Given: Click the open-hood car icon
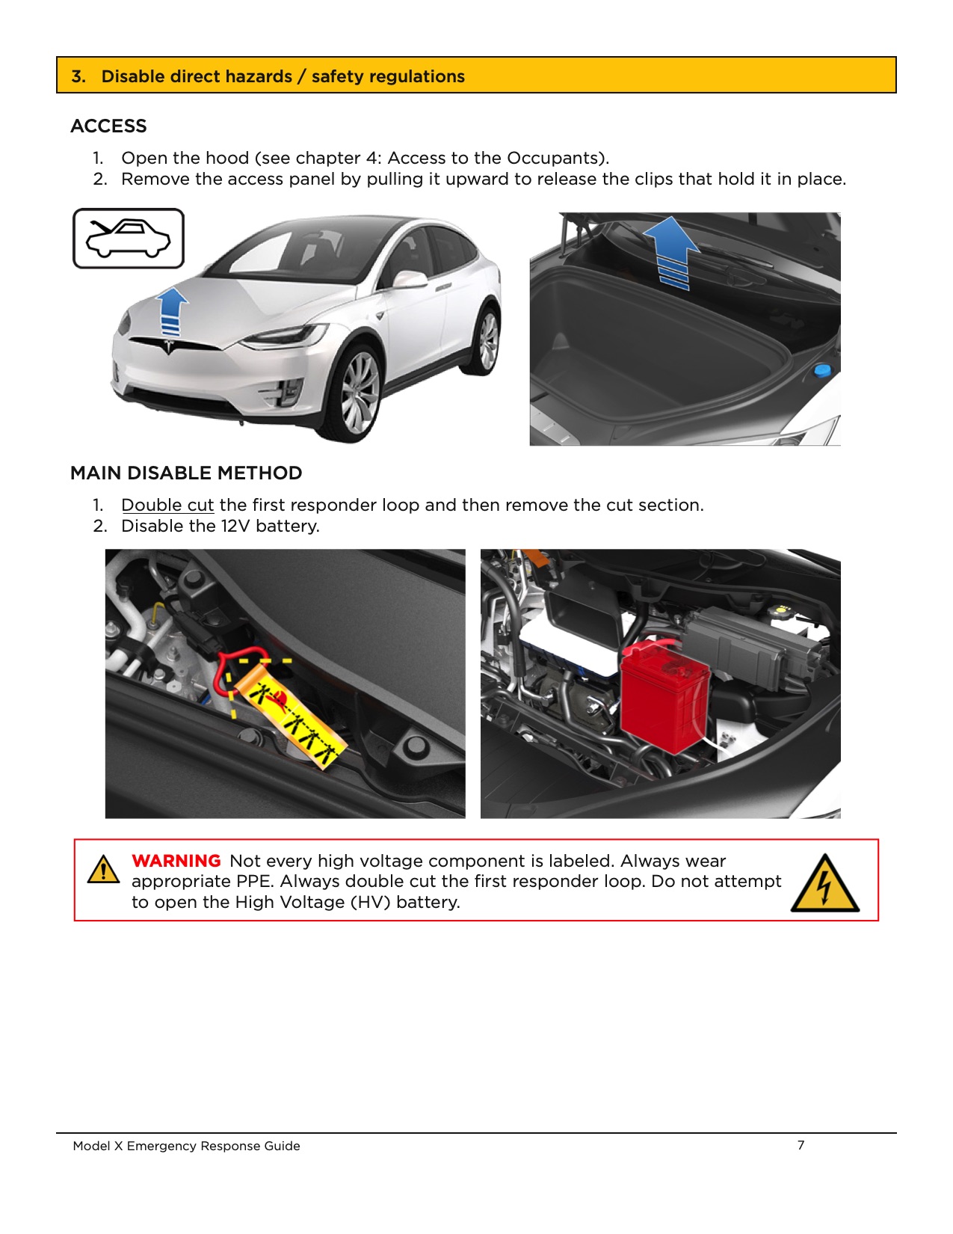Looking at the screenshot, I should pyautogui.click(x=128, y=238).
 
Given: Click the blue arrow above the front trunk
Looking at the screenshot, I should pyautogui.click(x=672, y=251).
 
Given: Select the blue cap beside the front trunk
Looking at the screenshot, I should pyautogui.click(x=822, y=369).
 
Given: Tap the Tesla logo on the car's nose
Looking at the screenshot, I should pyautogui.click(x=169, y=347).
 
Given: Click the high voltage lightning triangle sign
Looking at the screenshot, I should pyautogui.click(x=824, y=884).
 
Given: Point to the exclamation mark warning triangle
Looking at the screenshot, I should pyautogui.click(x=103, y=870).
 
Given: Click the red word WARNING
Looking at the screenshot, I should pyautogui.click(x=176, y=861).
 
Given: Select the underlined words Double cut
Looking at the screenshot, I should pyautogui.click(x=167, y=505).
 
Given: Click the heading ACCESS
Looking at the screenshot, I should pyautogui.click(x=108, y=126).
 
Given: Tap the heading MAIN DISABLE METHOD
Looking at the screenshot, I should pyautogui.click(x=186, y=473).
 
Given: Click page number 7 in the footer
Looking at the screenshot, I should pyautogui.click(x=801, y=1145).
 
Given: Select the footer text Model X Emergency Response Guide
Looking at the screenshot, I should pyautogui.click(x=186, y=1146).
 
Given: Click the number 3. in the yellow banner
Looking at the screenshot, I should pyautogui.click(x=78, y=76).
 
